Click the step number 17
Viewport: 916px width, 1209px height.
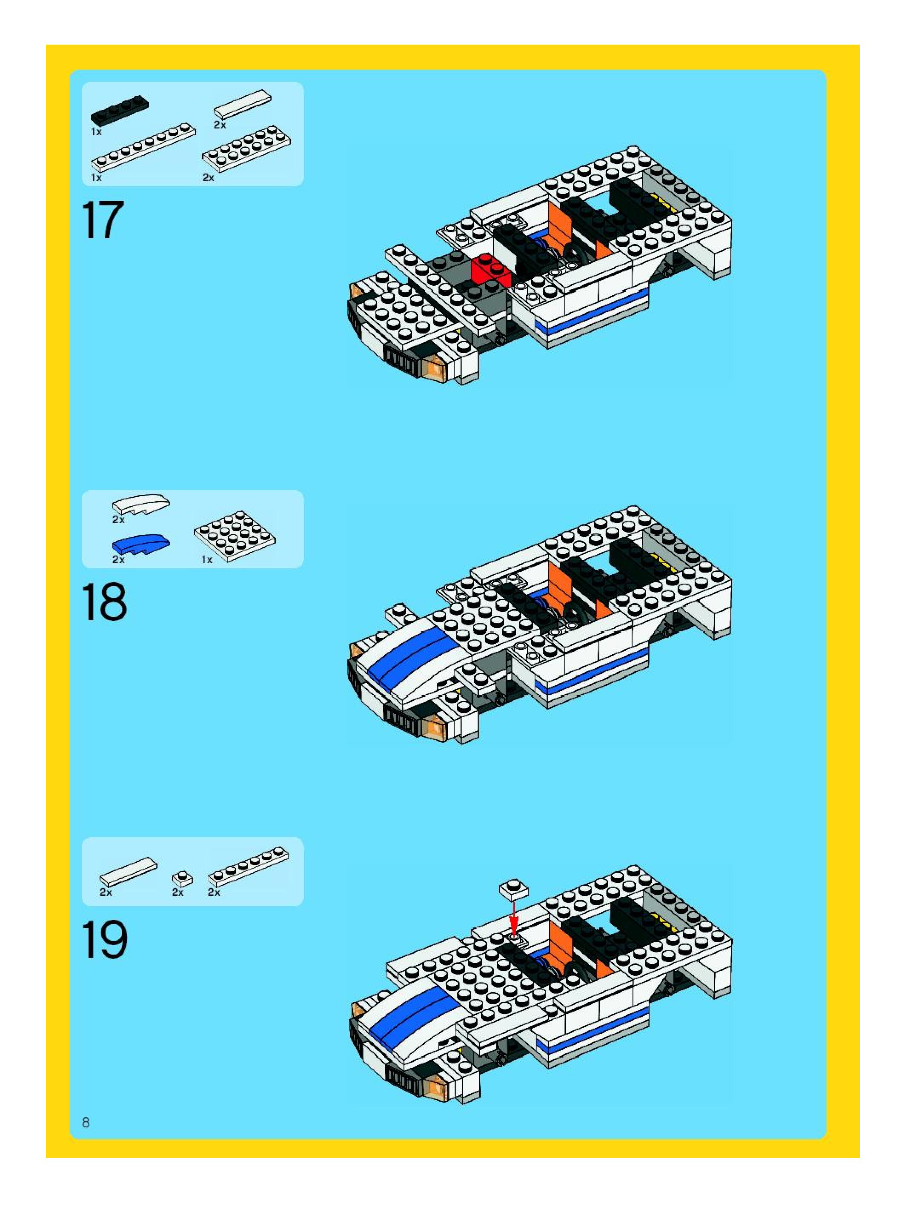(103, 220)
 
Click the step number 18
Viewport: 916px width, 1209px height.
(104, 603)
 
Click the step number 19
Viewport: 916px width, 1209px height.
(104, 940)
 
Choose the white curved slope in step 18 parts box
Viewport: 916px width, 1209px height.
(141, 503)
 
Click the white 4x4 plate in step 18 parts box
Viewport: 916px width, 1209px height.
(235, 530)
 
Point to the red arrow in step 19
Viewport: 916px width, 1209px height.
(513, 917)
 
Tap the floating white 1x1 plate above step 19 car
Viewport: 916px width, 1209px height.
(513, 889)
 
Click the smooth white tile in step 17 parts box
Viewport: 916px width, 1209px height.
(243, 103)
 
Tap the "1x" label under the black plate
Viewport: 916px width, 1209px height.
(96, 132)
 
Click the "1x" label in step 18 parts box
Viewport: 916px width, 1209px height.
(207, 560)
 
